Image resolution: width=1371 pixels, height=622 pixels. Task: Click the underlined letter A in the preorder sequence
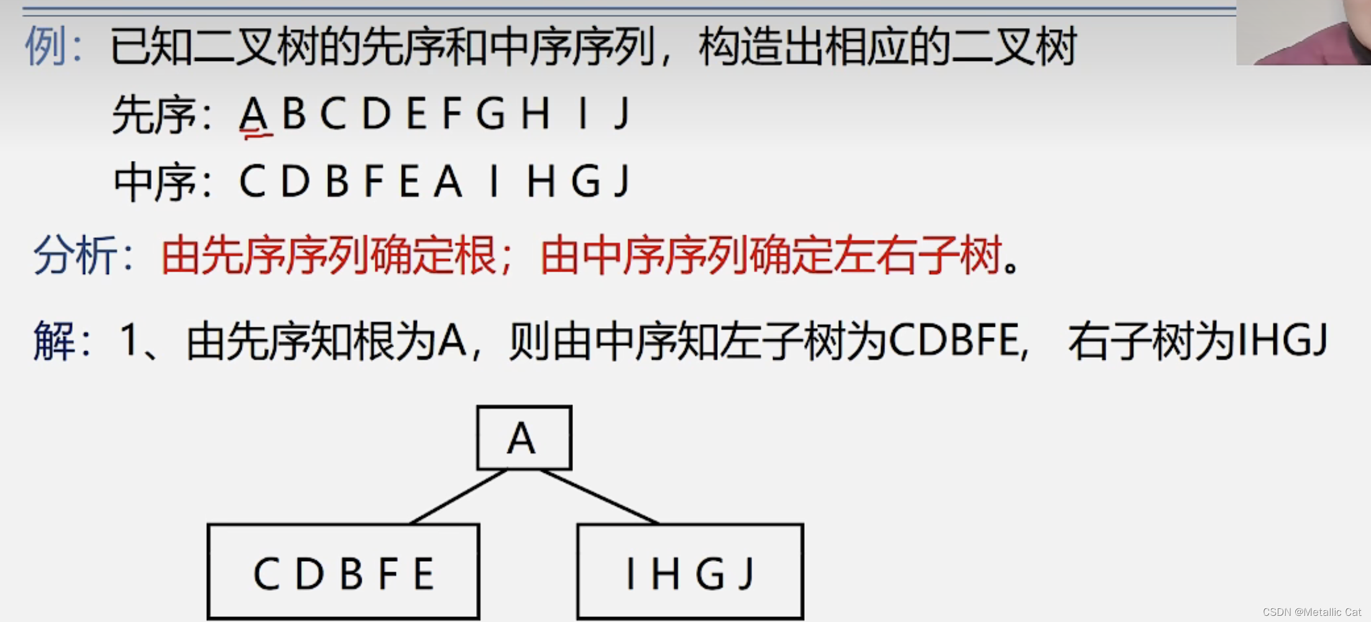tap(254, 113)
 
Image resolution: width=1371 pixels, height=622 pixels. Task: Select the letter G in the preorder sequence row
tap(491, 113)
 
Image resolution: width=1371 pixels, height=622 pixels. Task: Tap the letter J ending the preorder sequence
tap(622, 113)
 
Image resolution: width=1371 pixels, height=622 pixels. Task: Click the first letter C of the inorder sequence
tap(252, 181)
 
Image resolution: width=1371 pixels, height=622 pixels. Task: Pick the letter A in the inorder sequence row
tap(448, 181)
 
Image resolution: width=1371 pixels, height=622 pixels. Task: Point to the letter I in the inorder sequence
tap(494, 181)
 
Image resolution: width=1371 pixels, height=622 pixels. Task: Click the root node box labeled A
tap(523, 438)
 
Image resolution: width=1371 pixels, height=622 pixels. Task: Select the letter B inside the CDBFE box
tap(351, 573)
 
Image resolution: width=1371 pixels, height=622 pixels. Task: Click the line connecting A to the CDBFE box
tap(459, 496)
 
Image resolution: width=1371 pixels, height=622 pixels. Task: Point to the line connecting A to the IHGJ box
tap(600, 496)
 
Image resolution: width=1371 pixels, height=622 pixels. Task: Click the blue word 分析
tap(75, 255)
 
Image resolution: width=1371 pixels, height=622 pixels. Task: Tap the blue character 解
tap(53, 341)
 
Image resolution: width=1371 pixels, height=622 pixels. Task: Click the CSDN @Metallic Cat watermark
tap(1311, 612)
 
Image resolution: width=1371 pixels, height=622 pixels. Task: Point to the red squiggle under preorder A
tap(256, 133)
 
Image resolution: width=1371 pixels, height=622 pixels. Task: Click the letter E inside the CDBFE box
tap(424, 573)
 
